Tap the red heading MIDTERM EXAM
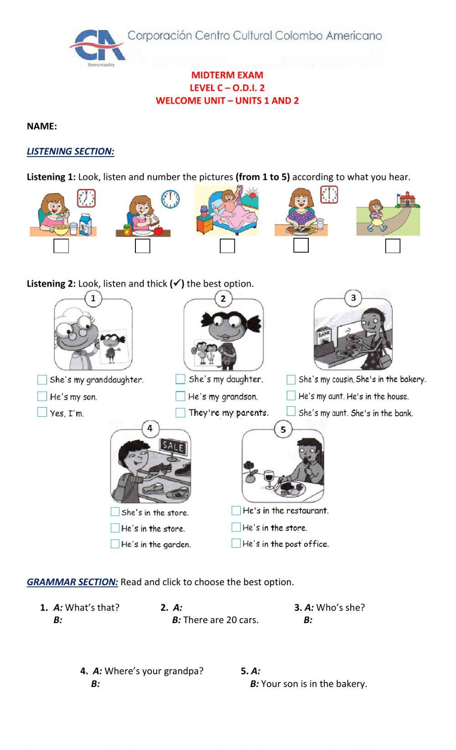click(x=227, y=75)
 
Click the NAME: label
click(x=42, y=126)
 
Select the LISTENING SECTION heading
click(x=71, y=152)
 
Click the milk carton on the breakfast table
click(x=85, y=224)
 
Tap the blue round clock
click(x=170, y=199)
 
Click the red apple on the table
click(x=158, y=230)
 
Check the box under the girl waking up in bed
click(x=227, y=246)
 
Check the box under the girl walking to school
click(x=393, y=246)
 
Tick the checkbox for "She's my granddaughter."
click(x=42, y=380)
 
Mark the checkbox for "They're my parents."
click(x=180, y=413)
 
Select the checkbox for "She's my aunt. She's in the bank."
click(x=291, y=411)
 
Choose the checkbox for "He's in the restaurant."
click(x=236, y=511)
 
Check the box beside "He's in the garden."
click(x=115, y=544)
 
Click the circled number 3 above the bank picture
click(x=353, y=298)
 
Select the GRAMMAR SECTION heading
click(x=72, y=582)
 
